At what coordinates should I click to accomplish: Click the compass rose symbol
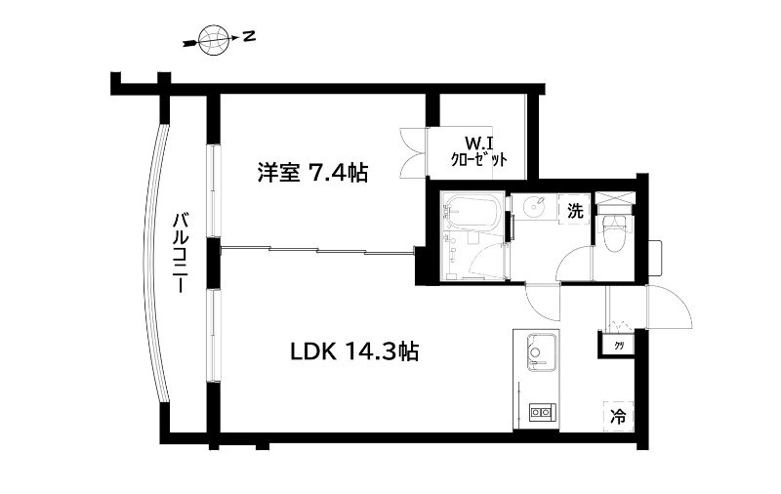point(212,40)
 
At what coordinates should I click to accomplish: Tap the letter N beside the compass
point(250,37)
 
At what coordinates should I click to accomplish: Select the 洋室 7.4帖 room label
point(312,174)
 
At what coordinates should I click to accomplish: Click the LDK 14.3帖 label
point(354,351)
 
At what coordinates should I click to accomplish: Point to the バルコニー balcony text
point(181,249)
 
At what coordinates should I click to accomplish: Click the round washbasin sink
point(534,207)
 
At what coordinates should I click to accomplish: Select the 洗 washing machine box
point(576,209)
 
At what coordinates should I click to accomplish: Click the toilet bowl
point(615,234)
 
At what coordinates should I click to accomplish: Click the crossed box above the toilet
point(616,199)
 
